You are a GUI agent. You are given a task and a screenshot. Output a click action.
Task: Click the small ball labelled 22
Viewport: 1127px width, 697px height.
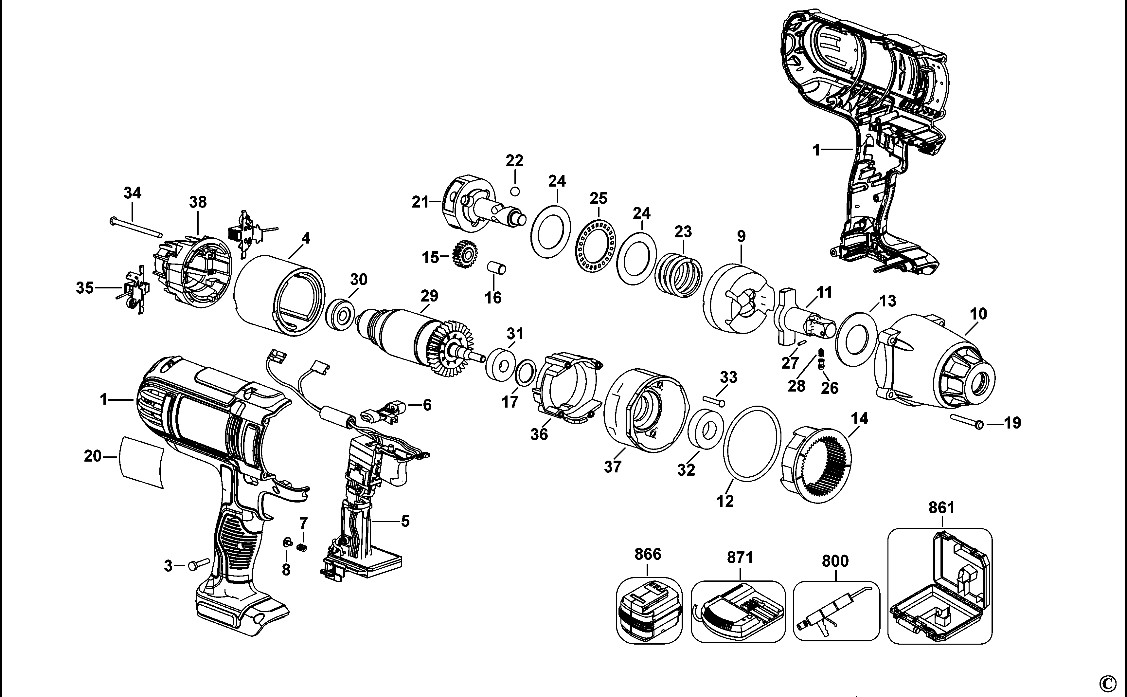click(515, 191)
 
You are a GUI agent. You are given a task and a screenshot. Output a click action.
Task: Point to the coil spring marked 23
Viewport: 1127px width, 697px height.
click(679, 278)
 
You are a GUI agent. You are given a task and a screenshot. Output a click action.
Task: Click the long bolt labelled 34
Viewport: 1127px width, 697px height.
click(136, 228)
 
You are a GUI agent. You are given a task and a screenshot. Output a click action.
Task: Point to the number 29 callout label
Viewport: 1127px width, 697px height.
click(429, 296)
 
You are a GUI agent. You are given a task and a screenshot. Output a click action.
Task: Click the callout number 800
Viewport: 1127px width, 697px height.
click(835, 561)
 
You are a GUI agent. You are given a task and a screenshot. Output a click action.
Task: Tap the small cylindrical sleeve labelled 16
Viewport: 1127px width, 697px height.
click(497, 268)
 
